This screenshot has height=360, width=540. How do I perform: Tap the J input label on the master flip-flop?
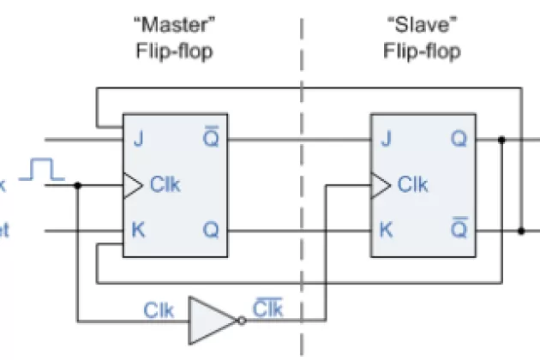point(137,137)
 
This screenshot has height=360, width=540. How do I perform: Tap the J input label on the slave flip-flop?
point(386,137)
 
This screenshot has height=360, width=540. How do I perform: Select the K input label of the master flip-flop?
point(137,230)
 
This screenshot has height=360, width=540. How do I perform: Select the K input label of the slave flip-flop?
point(386,230)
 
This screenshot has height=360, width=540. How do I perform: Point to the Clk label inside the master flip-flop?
point(165,183)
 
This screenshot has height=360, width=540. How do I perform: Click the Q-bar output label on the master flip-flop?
point(210,137)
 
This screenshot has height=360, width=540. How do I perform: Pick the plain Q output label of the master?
point(210,230)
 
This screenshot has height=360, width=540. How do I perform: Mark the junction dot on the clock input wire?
point(78,184)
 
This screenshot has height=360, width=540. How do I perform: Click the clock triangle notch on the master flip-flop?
point(130,184)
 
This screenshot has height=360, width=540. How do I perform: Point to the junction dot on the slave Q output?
point(501,138)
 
